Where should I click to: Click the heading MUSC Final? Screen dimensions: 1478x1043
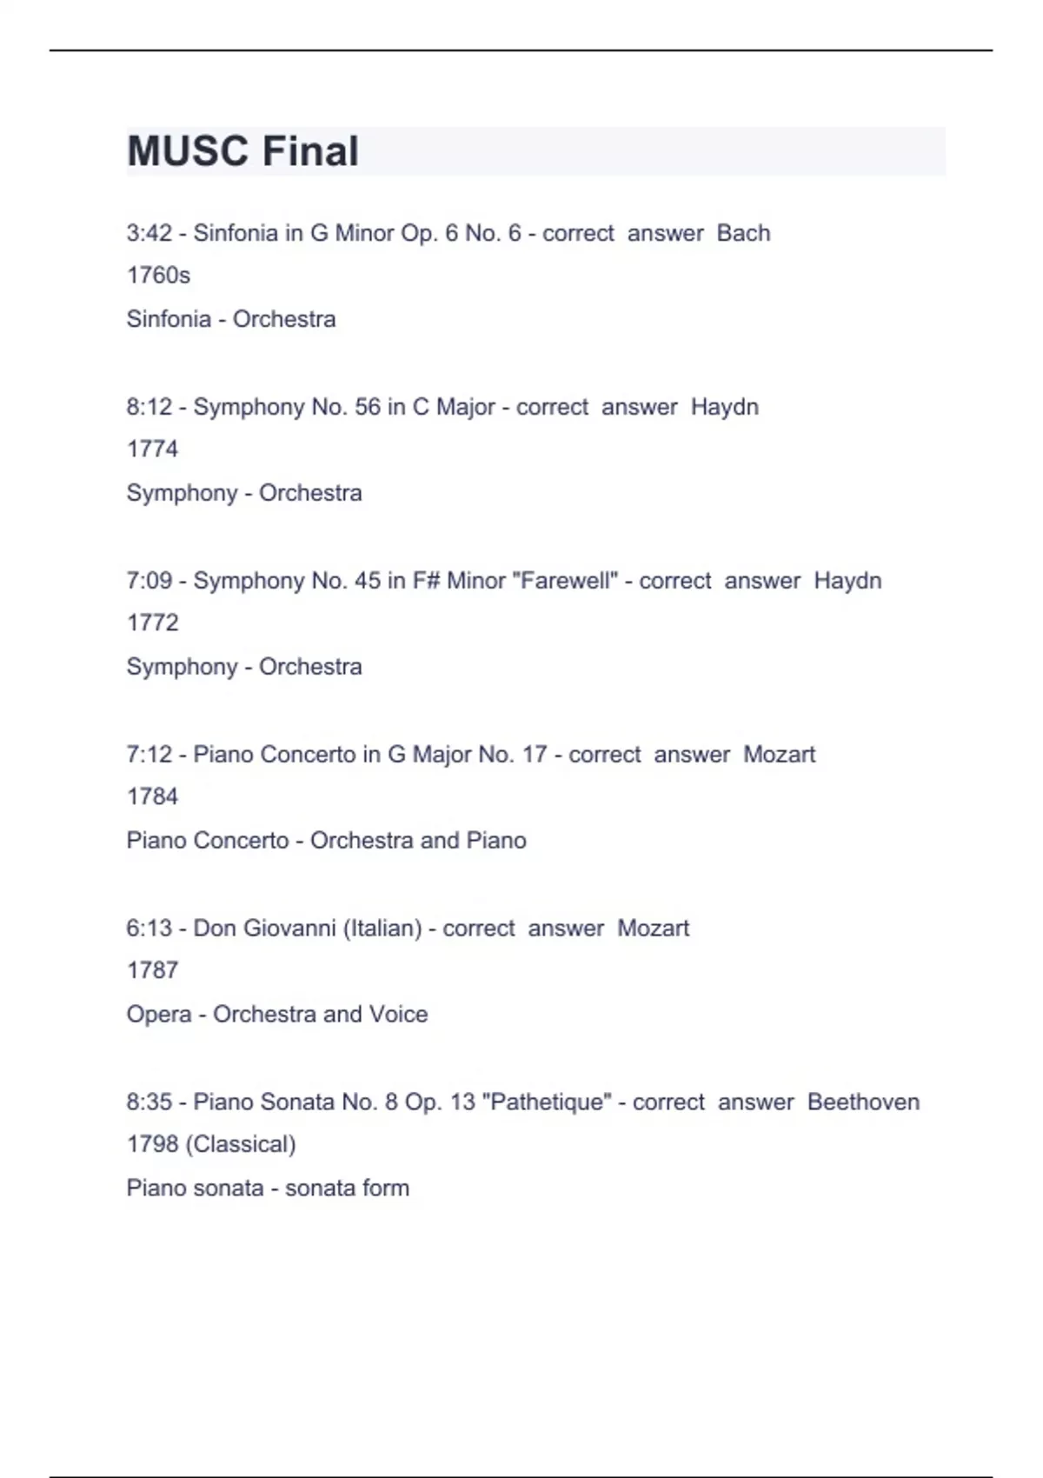point(242,151)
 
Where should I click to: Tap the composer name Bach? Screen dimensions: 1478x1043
point(743,233)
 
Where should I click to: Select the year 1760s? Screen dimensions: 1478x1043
point(158,275)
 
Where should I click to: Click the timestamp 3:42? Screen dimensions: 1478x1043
point(149,233)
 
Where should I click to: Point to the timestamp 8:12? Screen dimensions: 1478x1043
point(149,407)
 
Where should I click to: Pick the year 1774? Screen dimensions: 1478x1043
point(152,449)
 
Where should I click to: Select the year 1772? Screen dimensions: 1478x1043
point(152,622)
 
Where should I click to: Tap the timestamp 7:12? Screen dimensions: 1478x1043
point(149,755)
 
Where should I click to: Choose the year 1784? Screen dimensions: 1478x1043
point(152,796)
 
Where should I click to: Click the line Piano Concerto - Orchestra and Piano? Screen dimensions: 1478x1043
point(326,841)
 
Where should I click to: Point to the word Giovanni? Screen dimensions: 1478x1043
point(289,929)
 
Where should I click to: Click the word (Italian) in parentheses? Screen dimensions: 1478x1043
point(382,929)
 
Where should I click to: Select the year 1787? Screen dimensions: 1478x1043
point(152,970)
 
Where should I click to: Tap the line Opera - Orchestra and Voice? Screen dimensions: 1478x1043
point(276,1015)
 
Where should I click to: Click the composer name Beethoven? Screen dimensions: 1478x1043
point(863,1102)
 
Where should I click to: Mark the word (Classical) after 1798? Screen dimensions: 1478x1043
point(241,1144)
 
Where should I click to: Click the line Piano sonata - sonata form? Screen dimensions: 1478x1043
point(268,1188)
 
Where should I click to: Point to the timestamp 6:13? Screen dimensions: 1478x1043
point(149,929)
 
